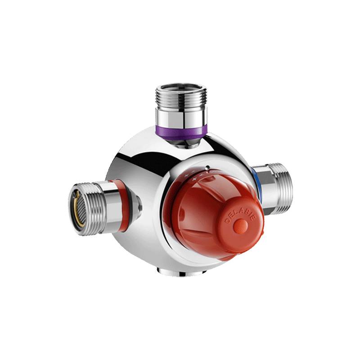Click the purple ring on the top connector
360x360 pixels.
(181, 132)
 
